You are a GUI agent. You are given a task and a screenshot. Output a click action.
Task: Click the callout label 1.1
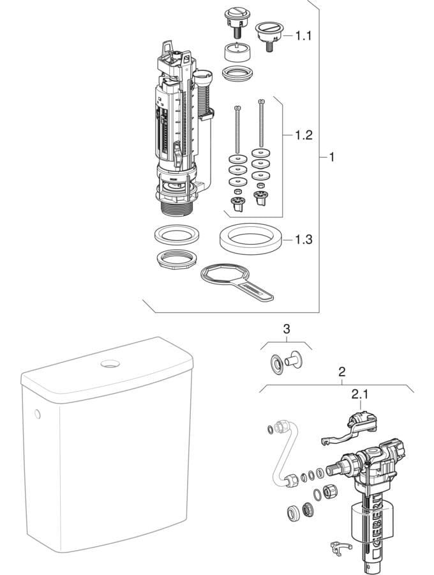(x=303, y=36)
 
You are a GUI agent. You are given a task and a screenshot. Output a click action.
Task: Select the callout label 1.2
(x=304, y=135)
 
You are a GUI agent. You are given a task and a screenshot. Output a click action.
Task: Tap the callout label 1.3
(x=304, y=240)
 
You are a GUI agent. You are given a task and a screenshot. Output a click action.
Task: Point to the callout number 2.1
(x=360, y=394)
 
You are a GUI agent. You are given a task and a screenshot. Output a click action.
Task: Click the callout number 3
(x=287, y=329)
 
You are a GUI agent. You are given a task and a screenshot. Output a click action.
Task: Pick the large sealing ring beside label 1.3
(x=252, y=239)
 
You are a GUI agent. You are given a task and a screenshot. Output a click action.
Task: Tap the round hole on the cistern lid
(x=110, y=364)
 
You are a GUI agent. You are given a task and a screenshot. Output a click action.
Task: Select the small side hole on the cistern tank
(x=38, y=414)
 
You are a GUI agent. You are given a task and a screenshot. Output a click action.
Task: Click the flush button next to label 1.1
(x=269, y=36)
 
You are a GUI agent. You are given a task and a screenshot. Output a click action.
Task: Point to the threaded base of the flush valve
(x=177, y=209)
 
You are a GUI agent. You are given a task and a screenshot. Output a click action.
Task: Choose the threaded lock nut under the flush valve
(x=177, y=259)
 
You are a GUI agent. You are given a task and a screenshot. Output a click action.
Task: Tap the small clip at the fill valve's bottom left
(x=340, y=548)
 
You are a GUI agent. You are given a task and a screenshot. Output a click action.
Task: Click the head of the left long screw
(x=237, y=108)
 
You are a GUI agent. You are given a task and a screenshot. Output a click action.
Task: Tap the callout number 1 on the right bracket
(x=332, y=157)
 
